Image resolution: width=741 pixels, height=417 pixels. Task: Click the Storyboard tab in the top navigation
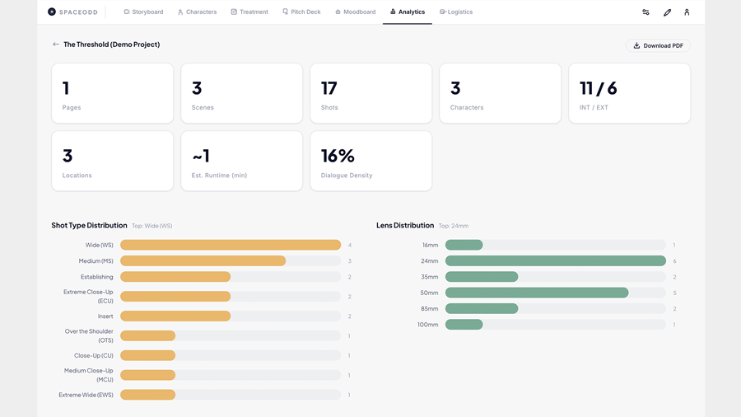(143, 12)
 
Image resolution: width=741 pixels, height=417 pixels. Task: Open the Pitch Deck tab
(301, 12)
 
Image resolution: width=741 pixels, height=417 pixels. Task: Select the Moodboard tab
(355, 12)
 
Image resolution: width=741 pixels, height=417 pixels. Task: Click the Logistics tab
(456, 12)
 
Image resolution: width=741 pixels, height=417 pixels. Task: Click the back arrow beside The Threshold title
(55, 45)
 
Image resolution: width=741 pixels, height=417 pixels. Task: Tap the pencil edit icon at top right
(667, 12)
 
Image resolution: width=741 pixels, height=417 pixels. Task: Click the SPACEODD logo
(74, 12)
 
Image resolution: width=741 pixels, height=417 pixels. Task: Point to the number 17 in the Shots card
(329, 88)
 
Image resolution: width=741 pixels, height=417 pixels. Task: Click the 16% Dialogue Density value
(338, 156)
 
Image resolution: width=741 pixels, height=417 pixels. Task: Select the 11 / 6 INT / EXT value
(598, 88)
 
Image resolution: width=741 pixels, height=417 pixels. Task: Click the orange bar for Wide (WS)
(231, 245)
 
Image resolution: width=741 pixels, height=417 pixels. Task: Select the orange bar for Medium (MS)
(203, 261)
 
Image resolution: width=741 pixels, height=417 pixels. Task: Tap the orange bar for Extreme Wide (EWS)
(148, 395)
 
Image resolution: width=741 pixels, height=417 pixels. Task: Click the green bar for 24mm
(555, 261)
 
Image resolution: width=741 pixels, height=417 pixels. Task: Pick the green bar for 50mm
(537, 293)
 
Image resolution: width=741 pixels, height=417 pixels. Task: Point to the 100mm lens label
(428, 325)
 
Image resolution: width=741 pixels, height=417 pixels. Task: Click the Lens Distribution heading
(404, 225)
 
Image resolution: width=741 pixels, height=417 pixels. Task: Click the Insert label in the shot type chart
(105, 316)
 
